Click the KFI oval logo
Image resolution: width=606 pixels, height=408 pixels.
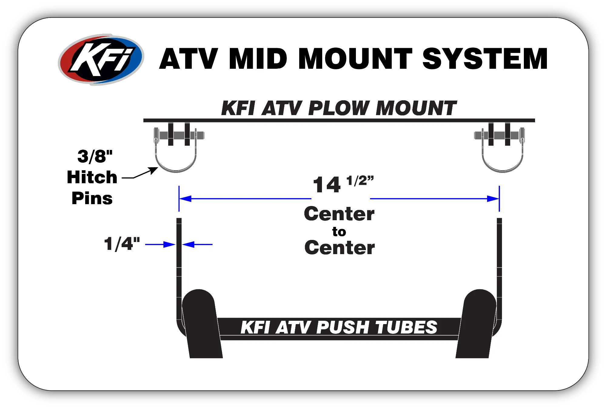[x=101, y=59]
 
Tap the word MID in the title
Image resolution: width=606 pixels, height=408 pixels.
[x=258, y=59]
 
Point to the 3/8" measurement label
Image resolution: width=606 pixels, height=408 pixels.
[x=95, y=157]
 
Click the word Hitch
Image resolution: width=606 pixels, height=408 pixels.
[x=92, y=177]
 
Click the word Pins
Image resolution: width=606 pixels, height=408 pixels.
[x=92, y=198]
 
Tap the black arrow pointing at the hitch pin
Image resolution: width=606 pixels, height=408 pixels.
[x=142, y=174]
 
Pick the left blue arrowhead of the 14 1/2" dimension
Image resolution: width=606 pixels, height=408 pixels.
[x=185, y=199]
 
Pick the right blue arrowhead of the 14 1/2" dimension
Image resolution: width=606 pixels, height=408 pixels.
[x=493, y=199]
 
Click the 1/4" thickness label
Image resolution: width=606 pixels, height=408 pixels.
[x=122, y=244]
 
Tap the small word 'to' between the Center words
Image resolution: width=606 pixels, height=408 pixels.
[x=339, y=232]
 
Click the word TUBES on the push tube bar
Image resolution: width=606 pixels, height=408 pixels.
[x=406, y=327]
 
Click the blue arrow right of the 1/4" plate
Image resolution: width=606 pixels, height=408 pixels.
[x=197, y=244]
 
